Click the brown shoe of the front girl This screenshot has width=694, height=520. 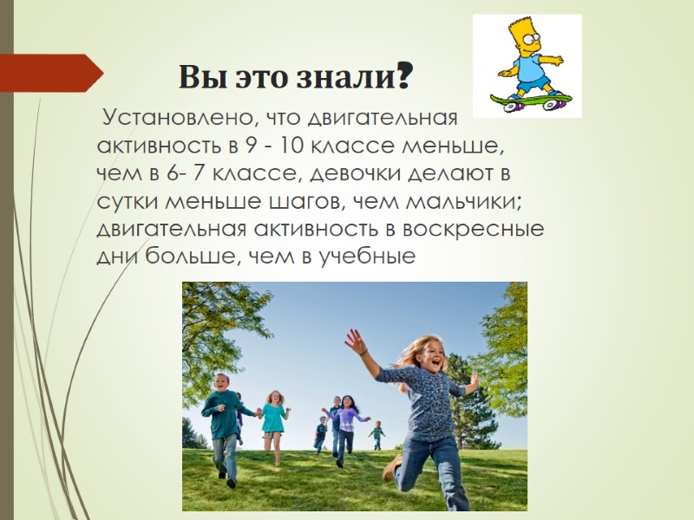click(391, 468)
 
